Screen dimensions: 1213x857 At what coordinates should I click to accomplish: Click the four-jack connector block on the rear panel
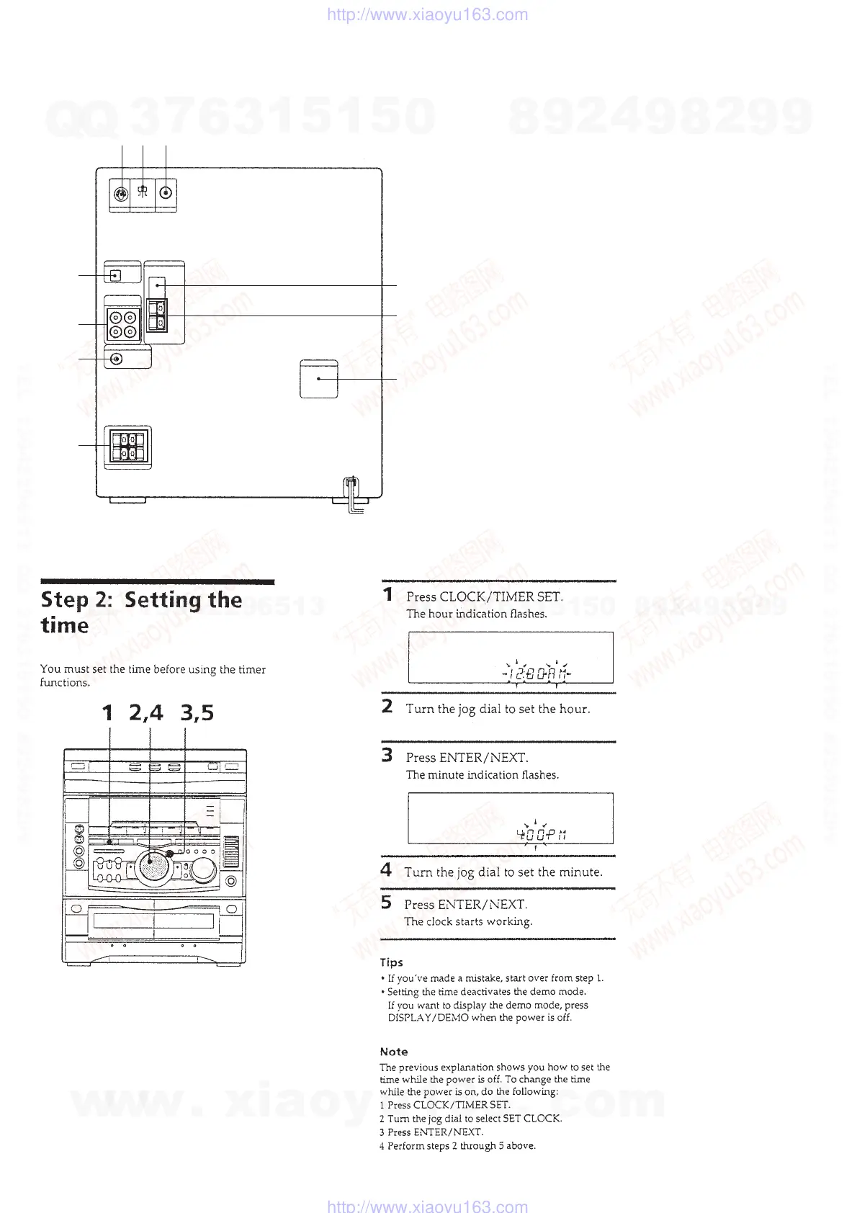tap(122, 324)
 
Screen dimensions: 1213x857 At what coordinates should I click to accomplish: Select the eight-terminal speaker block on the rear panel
tap(127, 446)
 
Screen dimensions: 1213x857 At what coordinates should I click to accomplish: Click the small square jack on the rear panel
tap(115, 275)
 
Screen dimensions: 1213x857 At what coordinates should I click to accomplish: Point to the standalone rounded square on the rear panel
tap(318, 378)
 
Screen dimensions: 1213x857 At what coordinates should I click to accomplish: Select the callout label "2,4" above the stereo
tap(146, 713)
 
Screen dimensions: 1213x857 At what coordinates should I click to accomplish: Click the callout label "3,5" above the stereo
tap(197, 713)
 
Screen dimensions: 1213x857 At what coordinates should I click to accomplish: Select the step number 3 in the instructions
tap(387, 756)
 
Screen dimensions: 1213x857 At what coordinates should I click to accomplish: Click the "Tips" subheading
tap(391, 962)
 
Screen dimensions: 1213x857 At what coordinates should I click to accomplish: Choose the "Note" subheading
tap(393, 1052)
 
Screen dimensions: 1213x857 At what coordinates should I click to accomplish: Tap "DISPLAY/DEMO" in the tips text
tap(428, 1018)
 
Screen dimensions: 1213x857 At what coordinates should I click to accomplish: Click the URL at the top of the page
tap(427, 14)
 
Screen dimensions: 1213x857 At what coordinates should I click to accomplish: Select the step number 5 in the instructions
tap(387, 903)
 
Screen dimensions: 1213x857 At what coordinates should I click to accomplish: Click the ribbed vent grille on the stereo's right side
tap(230, 852)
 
